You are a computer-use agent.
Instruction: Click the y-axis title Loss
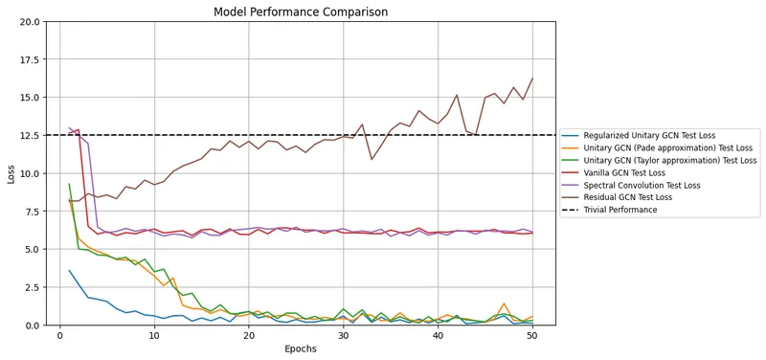click(x=11, y=173)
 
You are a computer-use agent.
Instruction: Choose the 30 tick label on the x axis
click(x=343, y=335)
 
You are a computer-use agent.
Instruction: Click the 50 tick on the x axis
click(x=531, y=335)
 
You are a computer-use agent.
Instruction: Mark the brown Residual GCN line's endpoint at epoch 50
click(x=532, y=79)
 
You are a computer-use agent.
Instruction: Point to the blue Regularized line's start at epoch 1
click(x=69, y=270)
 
